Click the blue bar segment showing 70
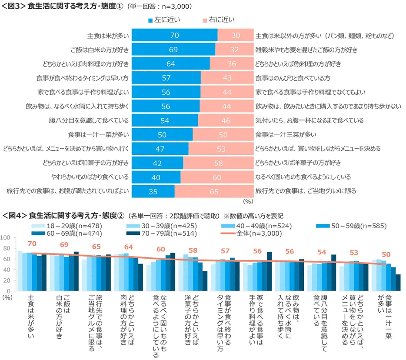(174, 36)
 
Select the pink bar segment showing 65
(214, 191)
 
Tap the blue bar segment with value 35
(153, 191)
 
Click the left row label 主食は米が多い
(108, 36)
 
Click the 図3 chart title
(96, 7)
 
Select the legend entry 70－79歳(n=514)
(166, 233)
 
